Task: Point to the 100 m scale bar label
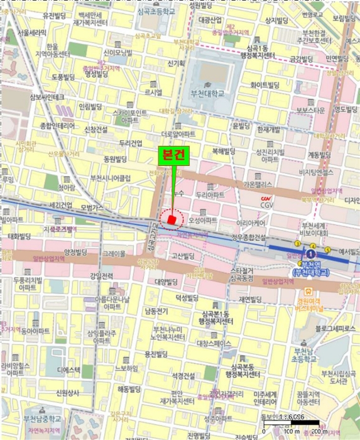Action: click(x=289, y=432)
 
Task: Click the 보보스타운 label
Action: click(x=310, y=111)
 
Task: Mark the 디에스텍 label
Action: click(x=67, y=370)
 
